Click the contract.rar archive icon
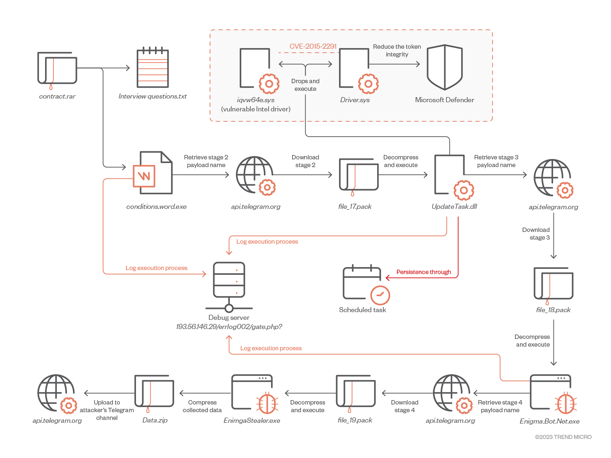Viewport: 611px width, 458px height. [57, 69]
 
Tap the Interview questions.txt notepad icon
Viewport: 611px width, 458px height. [152, 68]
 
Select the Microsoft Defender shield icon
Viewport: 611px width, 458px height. [445, 67]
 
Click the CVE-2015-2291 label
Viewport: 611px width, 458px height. [313, 47]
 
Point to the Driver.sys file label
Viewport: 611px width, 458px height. [355, 100]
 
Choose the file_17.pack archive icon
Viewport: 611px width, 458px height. [358, 175]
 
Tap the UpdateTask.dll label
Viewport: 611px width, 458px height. [454, 207]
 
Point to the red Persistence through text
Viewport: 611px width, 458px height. [424, 272]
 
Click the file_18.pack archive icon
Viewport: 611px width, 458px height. [553, 284]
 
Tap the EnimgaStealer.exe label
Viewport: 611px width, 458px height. [252, 421]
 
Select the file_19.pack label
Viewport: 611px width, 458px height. [355, 420]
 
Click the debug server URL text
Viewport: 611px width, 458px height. [229, 327]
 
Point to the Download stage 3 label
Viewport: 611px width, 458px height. [536, 234]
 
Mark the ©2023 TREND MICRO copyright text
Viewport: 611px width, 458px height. [563, 437]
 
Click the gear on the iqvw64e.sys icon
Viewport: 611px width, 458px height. [269, 84]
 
